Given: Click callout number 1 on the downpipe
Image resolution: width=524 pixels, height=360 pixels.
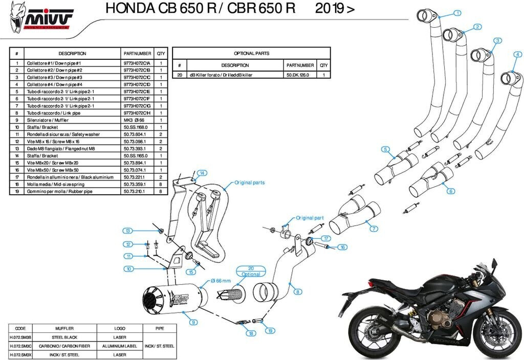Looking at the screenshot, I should (x=457, y=13).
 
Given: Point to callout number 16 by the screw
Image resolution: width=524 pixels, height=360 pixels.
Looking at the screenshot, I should (x=342, y=247).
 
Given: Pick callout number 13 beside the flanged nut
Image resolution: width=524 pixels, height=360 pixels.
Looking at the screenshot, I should (x=129, y=230).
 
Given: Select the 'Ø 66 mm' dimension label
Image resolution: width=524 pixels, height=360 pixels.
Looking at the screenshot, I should (x=221, y=281).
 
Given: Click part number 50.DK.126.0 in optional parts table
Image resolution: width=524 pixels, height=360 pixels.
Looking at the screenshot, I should (x=300, y=75).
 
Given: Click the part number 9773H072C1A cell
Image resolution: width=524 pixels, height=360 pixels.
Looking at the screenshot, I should (x=137, y=63).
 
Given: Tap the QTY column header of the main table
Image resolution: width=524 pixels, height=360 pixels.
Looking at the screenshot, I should (x=161, y=53).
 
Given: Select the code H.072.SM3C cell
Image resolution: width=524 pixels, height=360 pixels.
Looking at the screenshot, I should (x=21, y=346).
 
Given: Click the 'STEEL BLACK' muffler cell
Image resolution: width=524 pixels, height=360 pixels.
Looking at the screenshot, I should (x=65, y=337).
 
